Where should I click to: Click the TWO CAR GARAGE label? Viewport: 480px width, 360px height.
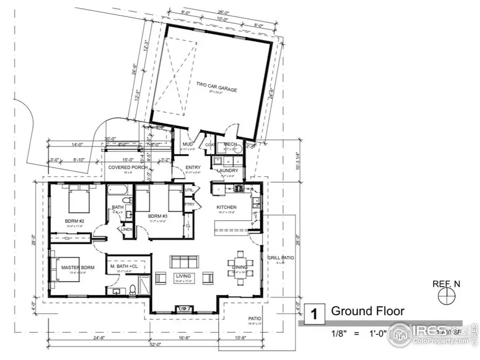pyautogui.click(x=217, y=86)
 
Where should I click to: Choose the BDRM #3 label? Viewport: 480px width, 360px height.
pyautogui.click(x=159, y=215)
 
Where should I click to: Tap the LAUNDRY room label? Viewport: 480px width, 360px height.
pyautogui.click(x=227, y=171)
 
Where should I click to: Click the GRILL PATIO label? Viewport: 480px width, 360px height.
pyautogui.click(x=281, y=258)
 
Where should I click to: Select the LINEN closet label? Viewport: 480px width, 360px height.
pyautogui.click(x=127, y=229)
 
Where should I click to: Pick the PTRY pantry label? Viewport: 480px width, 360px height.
pyautogui.click(x=189, y=204)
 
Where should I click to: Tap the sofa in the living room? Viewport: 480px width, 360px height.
pyautogui.click(x=183, y=261)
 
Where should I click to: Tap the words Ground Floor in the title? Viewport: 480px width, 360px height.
pyautogui.click(x=367, y=311)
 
